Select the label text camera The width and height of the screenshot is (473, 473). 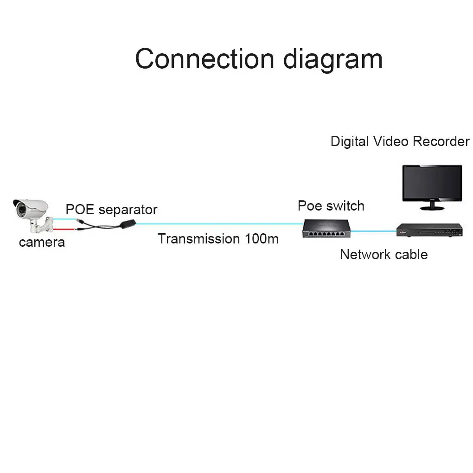point(42,242)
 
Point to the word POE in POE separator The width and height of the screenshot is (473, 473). point(80,210)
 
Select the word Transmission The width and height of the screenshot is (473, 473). point(198,239)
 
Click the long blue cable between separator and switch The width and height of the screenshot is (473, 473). point(218,224)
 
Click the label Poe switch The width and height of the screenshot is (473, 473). point(331,206)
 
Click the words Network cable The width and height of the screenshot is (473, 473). point(384,255)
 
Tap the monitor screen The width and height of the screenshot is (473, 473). point(432,183)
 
